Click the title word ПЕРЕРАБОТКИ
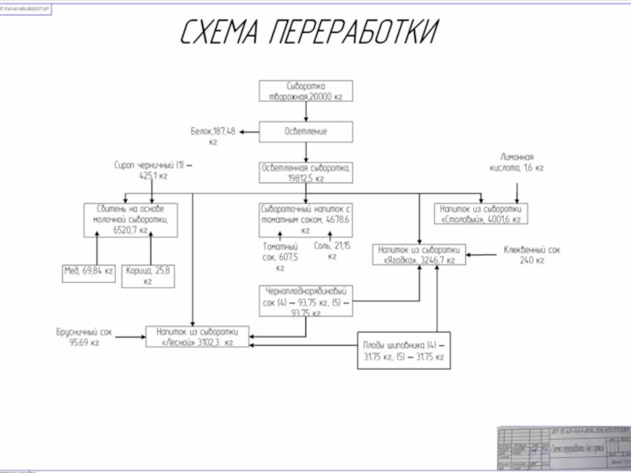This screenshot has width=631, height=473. tap(354, 32)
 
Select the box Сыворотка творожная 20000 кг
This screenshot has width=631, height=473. tap(305, 90)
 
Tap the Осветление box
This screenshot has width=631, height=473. tap(305, 131)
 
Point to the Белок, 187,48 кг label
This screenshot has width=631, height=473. tap(213, 136)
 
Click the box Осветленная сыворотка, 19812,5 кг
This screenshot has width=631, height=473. tap(305, 173)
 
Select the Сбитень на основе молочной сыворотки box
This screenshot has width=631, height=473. tap(131, 219)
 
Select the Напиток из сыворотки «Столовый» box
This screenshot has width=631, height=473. tap(481, 214)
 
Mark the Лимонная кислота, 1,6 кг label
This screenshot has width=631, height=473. tap(516, 162)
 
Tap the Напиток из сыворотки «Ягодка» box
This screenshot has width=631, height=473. tap(420, 254)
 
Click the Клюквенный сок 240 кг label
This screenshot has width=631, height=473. tap(532, 255)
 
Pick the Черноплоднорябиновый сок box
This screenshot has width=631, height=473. tap(305, 300)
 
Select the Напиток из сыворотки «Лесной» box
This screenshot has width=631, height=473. tap(197, 337)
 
